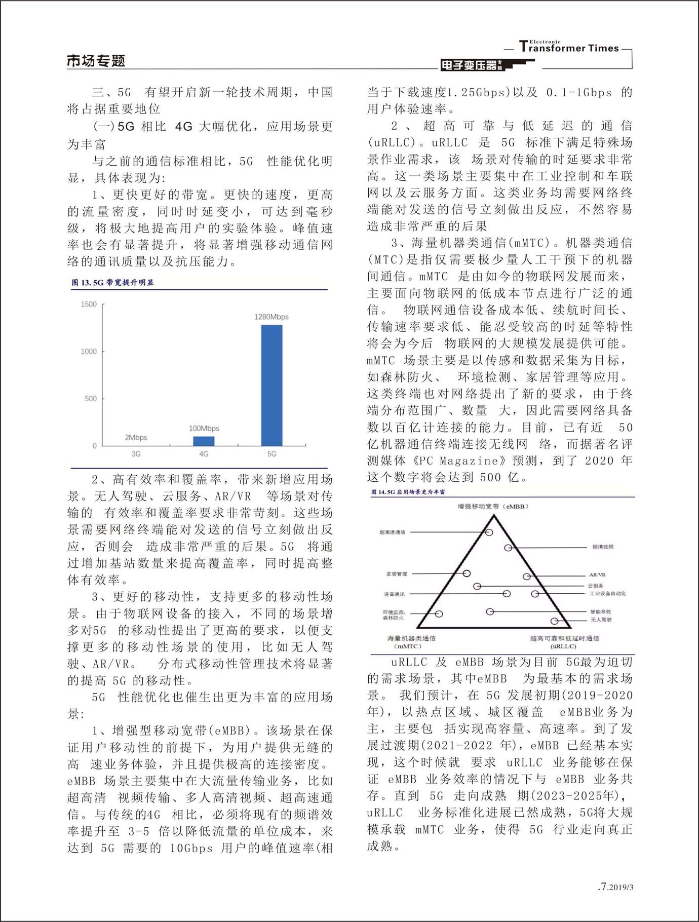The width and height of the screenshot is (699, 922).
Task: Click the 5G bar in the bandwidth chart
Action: tap(271, 385)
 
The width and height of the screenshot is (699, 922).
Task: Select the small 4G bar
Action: tap(204, 441)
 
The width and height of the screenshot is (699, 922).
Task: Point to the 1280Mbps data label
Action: tap(271, 317)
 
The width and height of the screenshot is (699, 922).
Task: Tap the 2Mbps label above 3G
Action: tap(136, 437)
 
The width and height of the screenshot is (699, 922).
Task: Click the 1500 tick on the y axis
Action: tap(89, 304)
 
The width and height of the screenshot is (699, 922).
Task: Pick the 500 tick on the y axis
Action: tap(91, 399)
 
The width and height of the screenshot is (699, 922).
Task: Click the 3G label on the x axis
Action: tap(136, 454)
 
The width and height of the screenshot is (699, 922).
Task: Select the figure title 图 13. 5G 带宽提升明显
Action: tap(112, 283)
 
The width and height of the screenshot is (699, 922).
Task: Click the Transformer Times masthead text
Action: tap(569, 48)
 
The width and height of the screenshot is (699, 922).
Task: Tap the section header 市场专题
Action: tap(96, 61)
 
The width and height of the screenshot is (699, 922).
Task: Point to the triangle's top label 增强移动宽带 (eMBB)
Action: tap(493, 506)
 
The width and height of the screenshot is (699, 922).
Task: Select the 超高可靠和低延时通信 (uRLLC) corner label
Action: tap(564, 642)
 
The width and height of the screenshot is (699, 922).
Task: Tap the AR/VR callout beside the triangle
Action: tap(597, 575)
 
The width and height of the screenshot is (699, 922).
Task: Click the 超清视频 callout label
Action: tap(603, 547)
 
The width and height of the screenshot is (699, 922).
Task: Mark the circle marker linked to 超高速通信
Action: tap(489, 532)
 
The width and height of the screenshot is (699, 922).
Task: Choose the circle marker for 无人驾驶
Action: tap(555, 621)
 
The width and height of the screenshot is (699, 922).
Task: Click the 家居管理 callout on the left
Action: tap(397, 574)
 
